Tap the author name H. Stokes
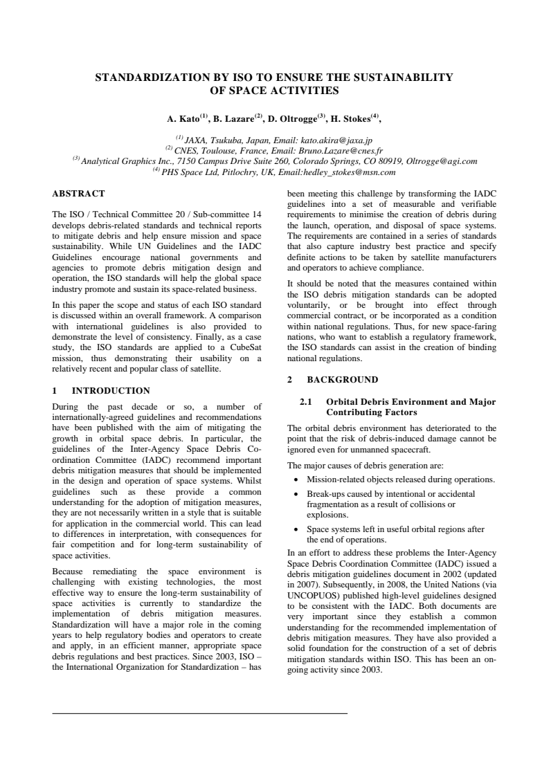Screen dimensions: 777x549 pos(356,119)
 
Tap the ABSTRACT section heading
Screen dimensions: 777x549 pos(79,193)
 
